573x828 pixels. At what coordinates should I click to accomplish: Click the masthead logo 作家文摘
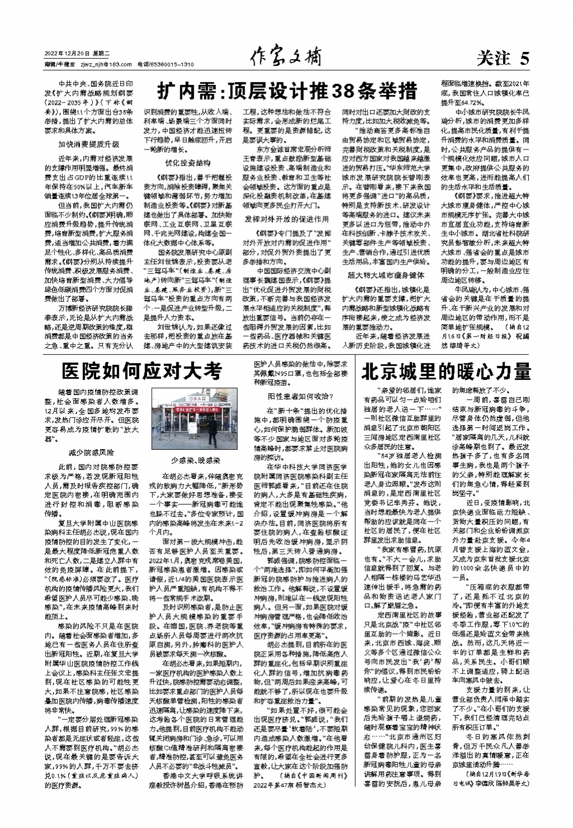pos(286,58)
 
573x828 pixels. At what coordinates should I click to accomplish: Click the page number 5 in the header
pos(524,58)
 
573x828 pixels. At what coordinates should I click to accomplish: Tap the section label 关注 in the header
pos(495,58)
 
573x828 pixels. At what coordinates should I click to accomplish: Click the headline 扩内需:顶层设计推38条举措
pos(286,90)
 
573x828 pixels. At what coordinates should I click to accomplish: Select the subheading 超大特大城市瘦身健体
pos(386,275)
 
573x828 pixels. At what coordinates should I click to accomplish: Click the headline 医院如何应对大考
pos(142,371)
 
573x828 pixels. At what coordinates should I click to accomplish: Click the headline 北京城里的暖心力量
pos(446,371)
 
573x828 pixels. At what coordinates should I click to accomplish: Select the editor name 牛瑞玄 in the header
pos(66,64)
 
